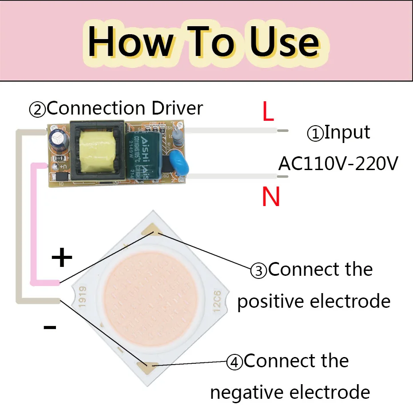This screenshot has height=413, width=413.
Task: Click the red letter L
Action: (x=268, y=113)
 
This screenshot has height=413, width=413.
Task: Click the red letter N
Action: (x=271, y=197)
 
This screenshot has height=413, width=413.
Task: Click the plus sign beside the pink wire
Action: (x=62, y=258)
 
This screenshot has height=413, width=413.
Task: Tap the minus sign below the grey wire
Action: (x=50, y=328)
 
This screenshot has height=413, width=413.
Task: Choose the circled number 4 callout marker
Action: (x=234, y=362)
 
